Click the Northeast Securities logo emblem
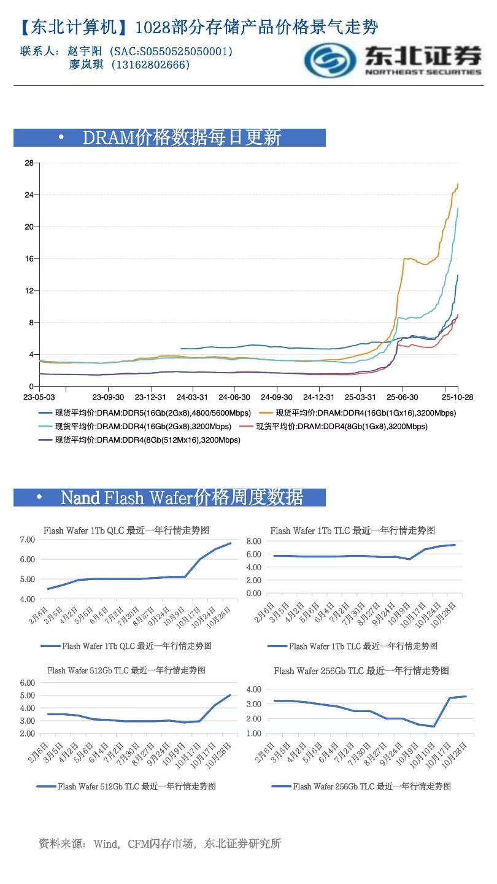tap(331, 60)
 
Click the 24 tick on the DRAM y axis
tap(28, 195)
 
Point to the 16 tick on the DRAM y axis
tap(28, 258)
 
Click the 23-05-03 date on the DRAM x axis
tap(39, 397)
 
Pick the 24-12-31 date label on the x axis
tap(318, 397)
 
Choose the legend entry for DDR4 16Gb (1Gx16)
tap(365, 413)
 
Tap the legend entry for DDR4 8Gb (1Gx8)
tap(341, 426)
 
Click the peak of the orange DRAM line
tap(458, 184)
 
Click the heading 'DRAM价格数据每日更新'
tap(182, 138)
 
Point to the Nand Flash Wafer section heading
tap(182, 497)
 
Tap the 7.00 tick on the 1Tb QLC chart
tap(27, 540)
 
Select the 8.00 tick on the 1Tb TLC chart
tap(253, 541)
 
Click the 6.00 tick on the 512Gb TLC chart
tap(27, 683)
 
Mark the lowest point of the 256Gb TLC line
tap(433, 726)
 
